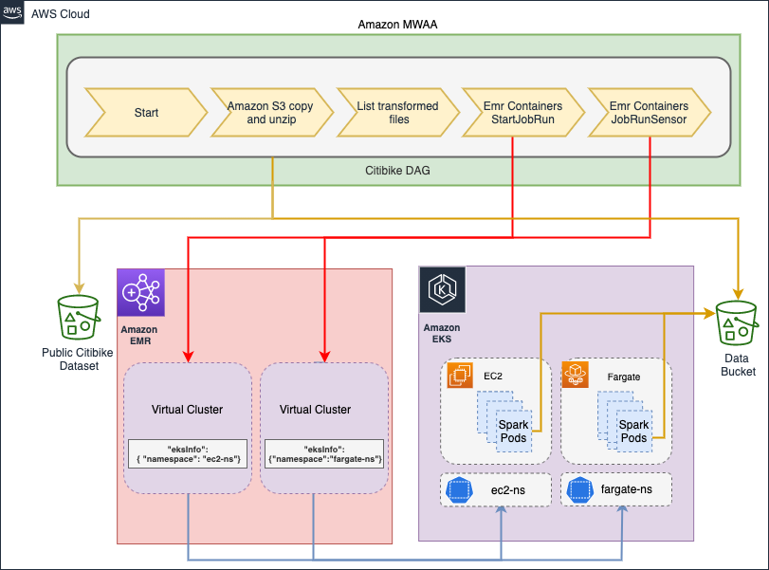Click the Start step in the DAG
tap(146, 113)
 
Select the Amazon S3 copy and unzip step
tap(272, 113)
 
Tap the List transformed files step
tap(397, 113)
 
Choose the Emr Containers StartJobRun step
tap(522, 113)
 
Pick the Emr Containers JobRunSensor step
tap(649, 113)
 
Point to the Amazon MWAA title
tap(396, 22)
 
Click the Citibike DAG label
tap(398, 170)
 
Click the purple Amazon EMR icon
tap(140, 291)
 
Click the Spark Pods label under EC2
tap(513, 432)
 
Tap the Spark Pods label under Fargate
tap(633, 432)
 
